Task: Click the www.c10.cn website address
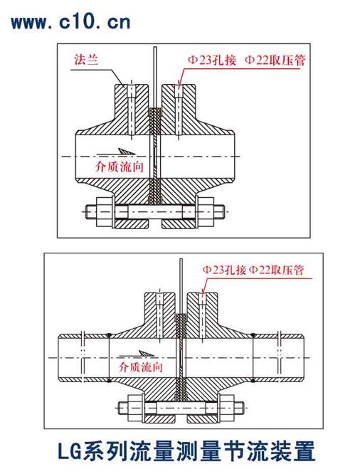point(71,22)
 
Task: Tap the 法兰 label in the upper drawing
point(86,60)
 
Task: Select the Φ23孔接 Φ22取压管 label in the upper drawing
point(246,60)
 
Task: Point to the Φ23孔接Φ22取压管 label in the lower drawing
point(253,270)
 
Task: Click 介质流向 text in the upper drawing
point(119,167)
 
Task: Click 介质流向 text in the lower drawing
point(141,367)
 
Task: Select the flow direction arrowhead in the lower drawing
point(147,353)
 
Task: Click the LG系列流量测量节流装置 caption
point(186,451)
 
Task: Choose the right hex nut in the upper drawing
point(206,212)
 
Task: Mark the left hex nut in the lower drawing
point(134,409)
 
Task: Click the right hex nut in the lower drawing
point(226,409)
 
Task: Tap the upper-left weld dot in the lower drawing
point(109,335)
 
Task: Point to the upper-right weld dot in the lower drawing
point(253,335)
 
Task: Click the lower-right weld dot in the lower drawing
point(253,379)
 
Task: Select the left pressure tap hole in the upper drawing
point(132,110)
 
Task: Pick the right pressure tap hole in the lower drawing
point(203,315)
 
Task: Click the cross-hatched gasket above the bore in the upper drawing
point(155,121)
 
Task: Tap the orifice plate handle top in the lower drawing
point(181,260)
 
